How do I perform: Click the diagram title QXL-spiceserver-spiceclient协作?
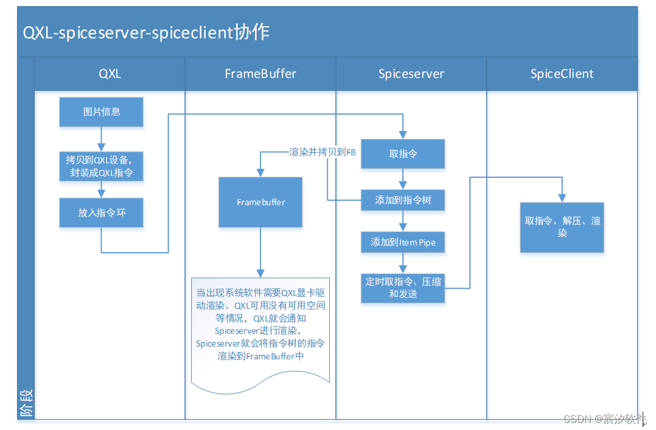[146, 32]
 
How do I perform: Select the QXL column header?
[110, 74]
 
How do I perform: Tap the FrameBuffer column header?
[260, 74]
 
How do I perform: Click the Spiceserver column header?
[411, 74]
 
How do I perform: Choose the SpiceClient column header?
[562, 74]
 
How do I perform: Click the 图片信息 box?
[102, 112]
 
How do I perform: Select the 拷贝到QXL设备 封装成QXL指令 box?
[102, 166]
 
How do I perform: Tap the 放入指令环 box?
[102, 213]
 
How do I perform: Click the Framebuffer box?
[260, 202]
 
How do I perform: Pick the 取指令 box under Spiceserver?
[403, 154]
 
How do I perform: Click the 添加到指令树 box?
[403, 200]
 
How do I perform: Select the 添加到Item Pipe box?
[403, 242]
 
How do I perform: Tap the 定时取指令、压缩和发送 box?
[403, 287]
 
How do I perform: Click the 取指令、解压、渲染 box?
[562, 227]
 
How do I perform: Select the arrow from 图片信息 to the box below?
[102, 139]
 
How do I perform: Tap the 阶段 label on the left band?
[26, 403]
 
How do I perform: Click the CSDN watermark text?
[604, 418]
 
